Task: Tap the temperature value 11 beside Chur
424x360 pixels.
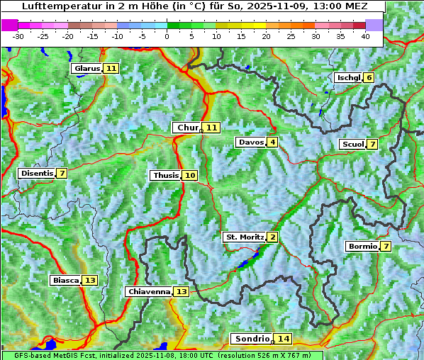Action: point(213,128)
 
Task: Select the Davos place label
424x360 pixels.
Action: point(251,142)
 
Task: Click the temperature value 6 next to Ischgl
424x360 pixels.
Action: point(369,77)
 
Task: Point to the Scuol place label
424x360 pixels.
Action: point(352,145)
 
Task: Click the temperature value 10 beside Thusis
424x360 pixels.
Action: point(190,176)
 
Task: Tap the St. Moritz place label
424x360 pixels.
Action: point(244,237)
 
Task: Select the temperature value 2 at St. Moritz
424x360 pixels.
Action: point(273,237)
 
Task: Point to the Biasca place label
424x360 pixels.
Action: point(65,281)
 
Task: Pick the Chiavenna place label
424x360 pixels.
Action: point(149,292)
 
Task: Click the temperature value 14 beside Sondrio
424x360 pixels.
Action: point(284,339)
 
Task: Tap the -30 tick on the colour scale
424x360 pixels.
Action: point(18,36)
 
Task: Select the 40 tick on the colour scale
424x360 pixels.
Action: point(365,36)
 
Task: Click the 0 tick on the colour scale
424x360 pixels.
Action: point(167,36)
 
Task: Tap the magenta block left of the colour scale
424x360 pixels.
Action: point(9,25)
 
